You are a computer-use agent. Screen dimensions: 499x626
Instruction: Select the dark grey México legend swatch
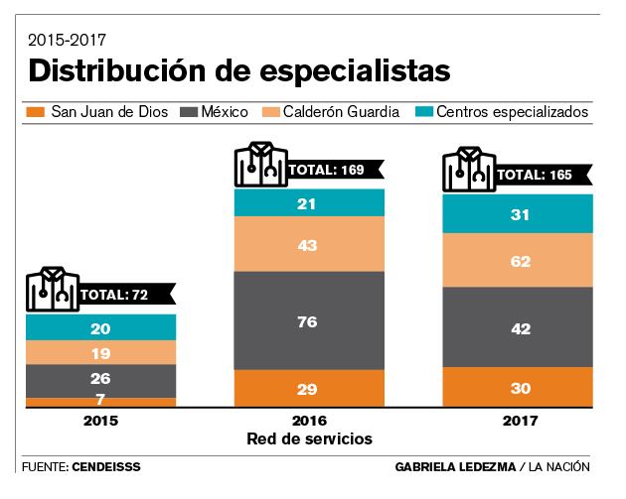(x=189, y=112)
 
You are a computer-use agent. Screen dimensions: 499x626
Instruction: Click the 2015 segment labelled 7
(x=101, y=402)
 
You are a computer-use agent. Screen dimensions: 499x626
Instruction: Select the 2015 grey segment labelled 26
(x=101, y=380)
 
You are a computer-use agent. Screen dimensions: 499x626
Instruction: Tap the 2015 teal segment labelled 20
(x=101, y=328)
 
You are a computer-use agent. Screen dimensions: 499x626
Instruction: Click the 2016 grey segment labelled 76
(x=309, y=319)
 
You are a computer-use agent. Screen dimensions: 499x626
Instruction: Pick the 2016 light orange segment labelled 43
(x=309, y=244)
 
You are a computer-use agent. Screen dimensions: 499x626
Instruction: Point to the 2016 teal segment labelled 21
(x=309, y=203)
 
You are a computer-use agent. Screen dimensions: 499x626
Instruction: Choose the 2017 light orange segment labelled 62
(x=518, y=263)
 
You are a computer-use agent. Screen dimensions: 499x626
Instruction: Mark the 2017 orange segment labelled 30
(x=518, y=388)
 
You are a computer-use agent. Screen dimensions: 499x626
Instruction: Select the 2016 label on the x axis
(x=309, y=421)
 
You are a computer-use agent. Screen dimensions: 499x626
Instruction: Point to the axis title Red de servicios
(x=309, y=437)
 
